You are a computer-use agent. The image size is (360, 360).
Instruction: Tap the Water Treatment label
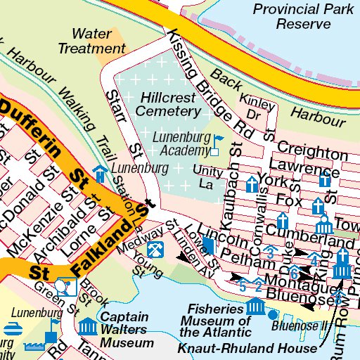click(x=91, y=41)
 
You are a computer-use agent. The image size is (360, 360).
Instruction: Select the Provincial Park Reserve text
click(x=292, y=16)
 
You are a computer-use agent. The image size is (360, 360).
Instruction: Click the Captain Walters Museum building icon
click(x=88, y=326)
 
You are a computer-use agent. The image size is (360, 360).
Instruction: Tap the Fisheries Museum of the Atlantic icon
click(x=255, y=307)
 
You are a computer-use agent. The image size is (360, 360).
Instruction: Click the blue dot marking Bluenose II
click(x=273, y=326)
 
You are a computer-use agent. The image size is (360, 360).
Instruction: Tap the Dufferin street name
click(x=32, y=125)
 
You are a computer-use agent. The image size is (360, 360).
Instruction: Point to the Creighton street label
click(x=313, y=152)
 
